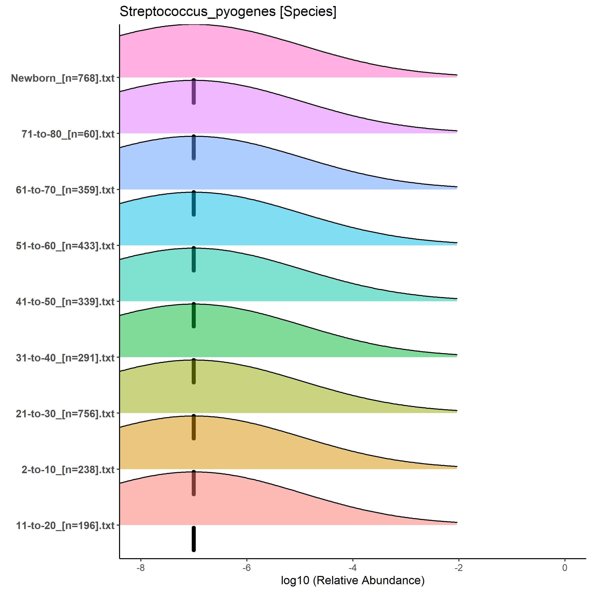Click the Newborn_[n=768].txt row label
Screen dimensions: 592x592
[x=63, y=78]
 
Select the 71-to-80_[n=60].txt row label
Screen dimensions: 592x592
[x=68, y=134]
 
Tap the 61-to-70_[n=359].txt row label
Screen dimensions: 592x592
[x=65, y=190]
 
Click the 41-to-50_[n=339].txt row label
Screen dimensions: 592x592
[x=65, y=302]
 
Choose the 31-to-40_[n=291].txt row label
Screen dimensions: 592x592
[x=65, y=358]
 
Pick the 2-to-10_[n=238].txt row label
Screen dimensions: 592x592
[x=68, y=469]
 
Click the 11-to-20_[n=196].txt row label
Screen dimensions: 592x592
[x=65, y=526]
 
